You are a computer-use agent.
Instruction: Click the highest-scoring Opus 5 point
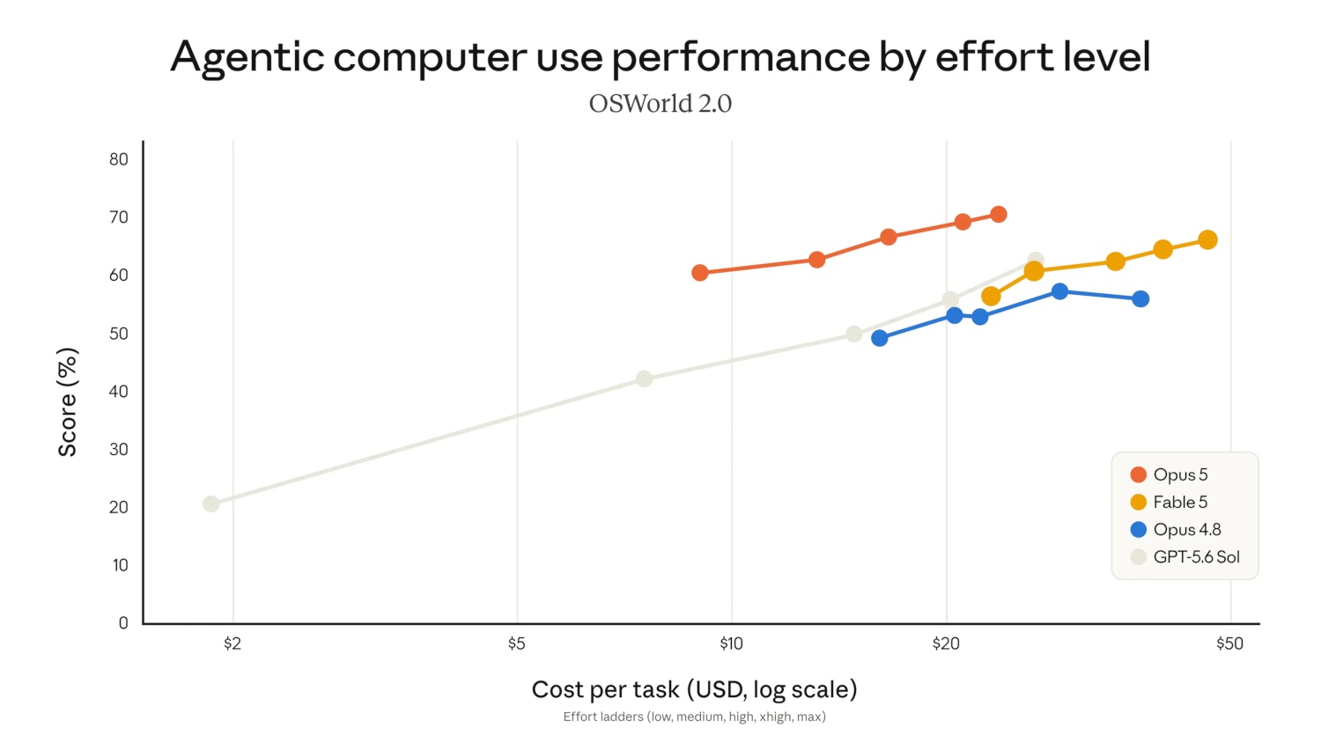999,214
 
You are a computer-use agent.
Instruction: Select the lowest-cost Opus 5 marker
700,272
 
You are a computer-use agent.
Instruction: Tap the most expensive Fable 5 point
1207,240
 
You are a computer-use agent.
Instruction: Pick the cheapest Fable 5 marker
992,296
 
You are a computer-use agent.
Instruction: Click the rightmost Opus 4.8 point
1140,299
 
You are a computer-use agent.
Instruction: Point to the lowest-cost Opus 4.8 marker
879,338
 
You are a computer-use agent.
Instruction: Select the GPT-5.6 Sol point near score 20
211,504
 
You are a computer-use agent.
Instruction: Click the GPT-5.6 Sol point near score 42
645,379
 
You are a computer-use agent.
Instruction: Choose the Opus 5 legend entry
1169,474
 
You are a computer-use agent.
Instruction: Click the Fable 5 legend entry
1169,502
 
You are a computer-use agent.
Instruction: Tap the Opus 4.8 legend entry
1176,530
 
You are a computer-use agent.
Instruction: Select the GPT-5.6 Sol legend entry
1184,556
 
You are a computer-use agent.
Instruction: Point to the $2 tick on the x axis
232,644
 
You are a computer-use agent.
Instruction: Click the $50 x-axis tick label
1229,644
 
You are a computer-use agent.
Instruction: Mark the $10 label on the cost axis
731,644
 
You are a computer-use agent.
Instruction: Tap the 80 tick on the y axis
119,159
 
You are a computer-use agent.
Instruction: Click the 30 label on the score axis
119,449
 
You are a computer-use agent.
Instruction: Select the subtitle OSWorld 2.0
660,104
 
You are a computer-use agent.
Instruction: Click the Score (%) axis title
67,402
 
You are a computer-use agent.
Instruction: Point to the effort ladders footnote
694,717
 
